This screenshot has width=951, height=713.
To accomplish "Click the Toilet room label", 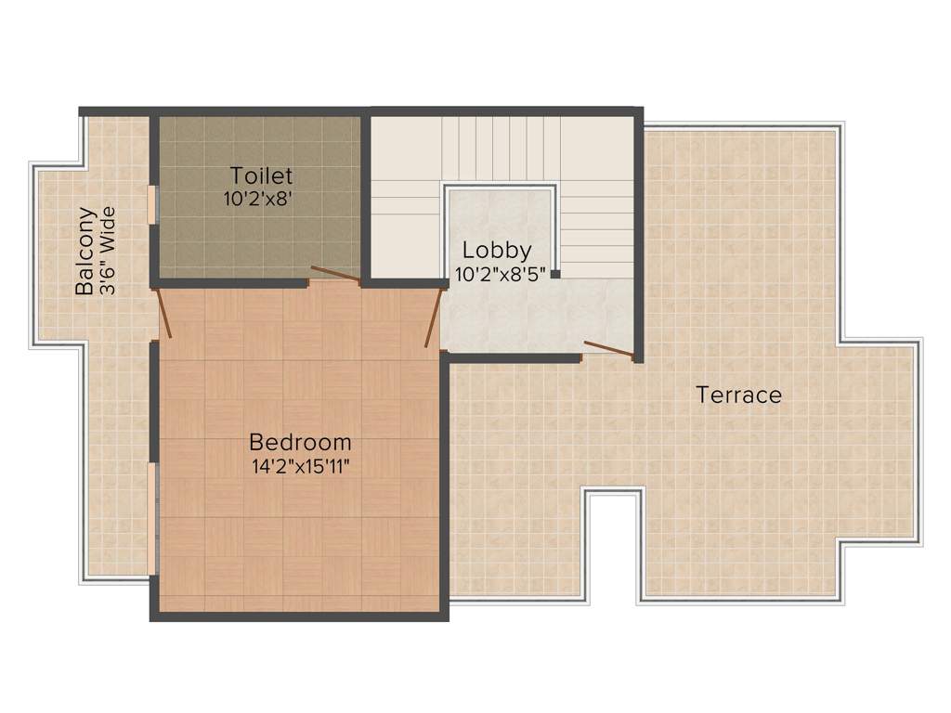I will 262,175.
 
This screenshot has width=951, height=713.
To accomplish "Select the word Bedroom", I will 300,442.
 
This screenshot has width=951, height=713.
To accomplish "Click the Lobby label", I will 497,250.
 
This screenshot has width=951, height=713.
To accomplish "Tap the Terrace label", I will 739,395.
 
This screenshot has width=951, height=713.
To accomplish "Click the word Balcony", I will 85,251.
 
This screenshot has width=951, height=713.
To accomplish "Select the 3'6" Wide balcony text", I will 108,251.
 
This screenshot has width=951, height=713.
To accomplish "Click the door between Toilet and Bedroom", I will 334,273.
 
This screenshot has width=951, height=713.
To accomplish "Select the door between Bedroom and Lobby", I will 432,317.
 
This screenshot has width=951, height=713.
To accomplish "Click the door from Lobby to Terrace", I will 608,349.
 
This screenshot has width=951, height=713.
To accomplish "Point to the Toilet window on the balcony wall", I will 153,204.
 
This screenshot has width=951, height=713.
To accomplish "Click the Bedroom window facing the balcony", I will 153,519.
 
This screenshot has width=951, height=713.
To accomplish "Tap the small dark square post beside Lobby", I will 554,274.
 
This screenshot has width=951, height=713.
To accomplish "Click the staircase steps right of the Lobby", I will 597,228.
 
